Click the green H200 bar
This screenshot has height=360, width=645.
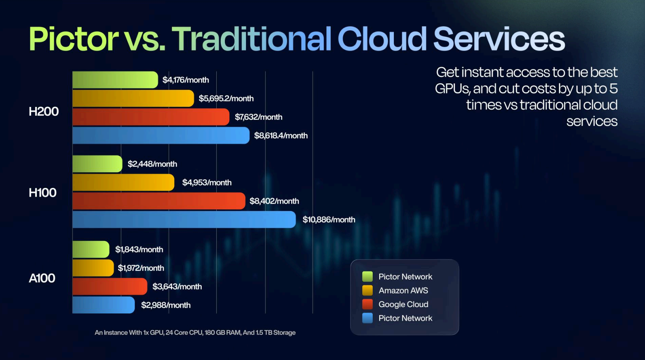pyautogui.click(x=115, y=80)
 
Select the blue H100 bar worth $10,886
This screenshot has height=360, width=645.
pyautogui.click(x=184, y=219)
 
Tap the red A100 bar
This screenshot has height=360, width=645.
pyautogui.click(x=109, y=286)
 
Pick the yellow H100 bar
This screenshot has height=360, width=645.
pyautogui.click(x=123, y=182)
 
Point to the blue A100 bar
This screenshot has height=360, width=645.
pyautogui.click(x=103, y=305)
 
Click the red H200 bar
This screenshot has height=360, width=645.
pyautogui.click(x=151, y=117)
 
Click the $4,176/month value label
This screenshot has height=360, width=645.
pyautogui.click(x=186, y=80)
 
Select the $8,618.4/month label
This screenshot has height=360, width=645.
pyautogui.click(x=281, y=136)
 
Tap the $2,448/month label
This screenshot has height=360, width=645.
pyautogui.click(x=152, y=164)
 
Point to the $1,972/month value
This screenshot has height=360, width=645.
pyautogui.click(x=141, y=268)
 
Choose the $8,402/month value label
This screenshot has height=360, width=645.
pyautogui.click(x=274, y=201)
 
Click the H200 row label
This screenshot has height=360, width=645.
pyautogui.click(x=44, y=111)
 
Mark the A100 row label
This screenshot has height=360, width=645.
pyautogui.click(x=42, y=278)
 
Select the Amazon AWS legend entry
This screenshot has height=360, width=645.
pyautogui.click(x=403, y=290)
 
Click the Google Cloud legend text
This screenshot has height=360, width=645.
pyautogui.click(x=403, y=304)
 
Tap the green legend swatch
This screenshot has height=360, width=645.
pyautogui.click(x=367, y=277)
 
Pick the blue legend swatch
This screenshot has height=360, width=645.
pyautogui.click(x=367, y=318)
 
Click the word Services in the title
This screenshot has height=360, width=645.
pyautogui.click(x=499, y=39)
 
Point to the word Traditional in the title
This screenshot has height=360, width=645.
pyautogui.click(x=252, y=39)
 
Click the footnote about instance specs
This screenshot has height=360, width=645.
pyautogui.click(x=195, y=332)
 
